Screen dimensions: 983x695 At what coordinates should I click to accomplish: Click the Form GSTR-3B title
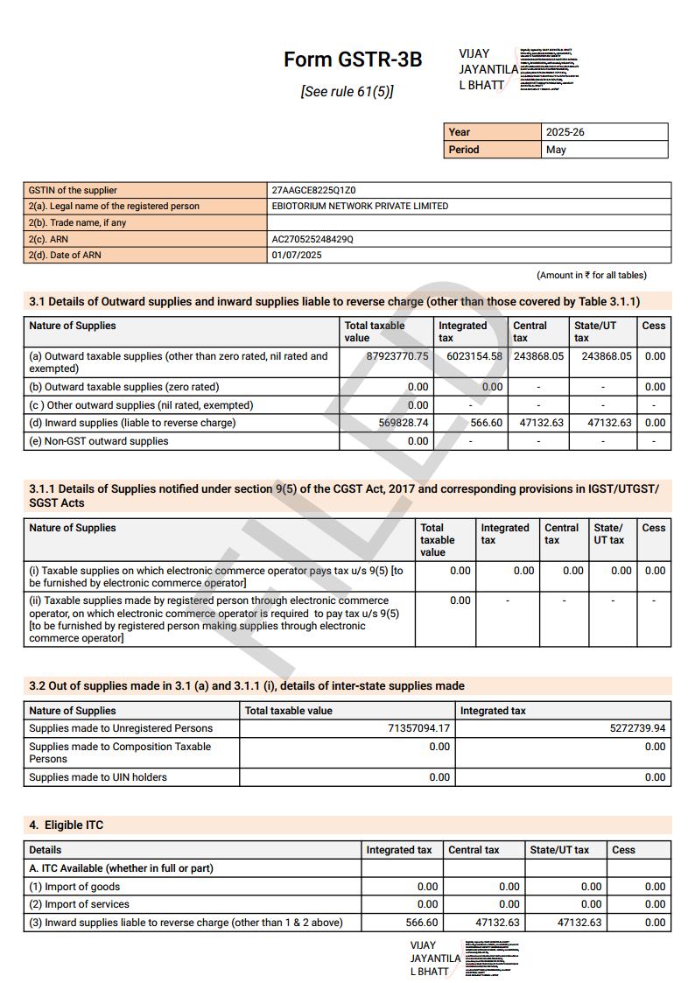pos(352,60)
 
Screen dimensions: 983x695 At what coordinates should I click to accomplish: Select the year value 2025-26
pos(565,132)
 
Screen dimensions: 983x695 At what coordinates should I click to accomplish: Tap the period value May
pos(556,150)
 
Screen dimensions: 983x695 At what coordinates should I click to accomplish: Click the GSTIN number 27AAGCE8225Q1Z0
pos(313,190)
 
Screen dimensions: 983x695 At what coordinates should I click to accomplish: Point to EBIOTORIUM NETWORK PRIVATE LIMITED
pos(360,207)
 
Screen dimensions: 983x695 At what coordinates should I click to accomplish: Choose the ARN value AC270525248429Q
pos(312,239)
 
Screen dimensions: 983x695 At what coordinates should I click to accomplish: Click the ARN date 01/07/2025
pos(297,256)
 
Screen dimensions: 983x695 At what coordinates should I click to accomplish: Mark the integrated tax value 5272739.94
pos(637,728)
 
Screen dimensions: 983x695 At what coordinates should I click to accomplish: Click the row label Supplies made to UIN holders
pos(98,777)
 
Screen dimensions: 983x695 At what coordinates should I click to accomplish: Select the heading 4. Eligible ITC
pos(67,825)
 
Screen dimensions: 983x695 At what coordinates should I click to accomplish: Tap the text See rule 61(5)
pos(347,91)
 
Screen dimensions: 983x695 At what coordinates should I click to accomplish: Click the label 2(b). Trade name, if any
pos(77,223)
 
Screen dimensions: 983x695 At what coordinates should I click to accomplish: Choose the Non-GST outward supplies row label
pos(98,441)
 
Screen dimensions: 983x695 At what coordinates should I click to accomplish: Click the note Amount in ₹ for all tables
pos(591,275)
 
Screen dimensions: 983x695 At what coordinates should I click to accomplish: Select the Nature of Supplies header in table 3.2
pos(73,711)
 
